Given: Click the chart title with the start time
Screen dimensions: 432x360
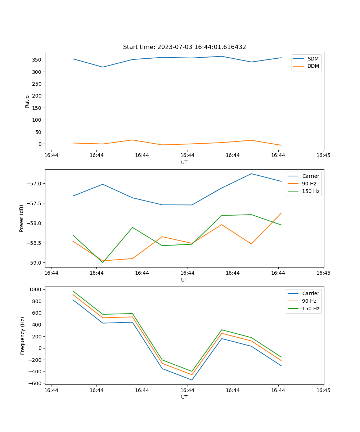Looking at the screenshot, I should click(184, 47).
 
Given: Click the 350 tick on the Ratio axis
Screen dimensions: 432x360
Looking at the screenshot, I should click(38, 60).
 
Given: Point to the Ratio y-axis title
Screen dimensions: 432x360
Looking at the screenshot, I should click(27, 101).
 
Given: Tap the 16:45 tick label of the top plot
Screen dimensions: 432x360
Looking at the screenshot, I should click(323, 155).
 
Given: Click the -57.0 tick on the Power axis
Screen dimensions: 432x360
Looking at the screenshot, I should click(35, 184).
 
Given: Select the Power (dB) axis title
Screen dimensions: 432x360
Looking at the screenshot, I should click(22, 218).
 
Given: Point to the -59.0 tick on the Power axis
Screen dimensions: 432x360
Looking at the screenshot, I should click(35, 262).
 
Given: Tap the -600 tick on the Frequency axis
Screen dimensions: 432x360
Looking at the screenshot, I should click(36, 383).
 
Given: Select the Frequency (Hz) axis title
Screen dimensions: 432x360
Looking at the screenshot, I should click(23, 336).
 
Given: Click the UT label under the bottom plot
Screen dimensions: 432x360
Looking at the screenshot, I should click(184, 397).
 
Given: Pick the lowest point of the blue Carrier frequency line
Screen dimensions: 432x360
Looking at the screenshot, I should click(192, 380).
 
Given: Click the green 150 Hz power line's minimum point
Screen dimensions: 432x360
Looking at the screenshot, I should click(103, 262).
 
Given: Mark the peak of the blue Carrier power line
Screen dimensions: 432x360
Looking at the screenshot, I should click(251, 174).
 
